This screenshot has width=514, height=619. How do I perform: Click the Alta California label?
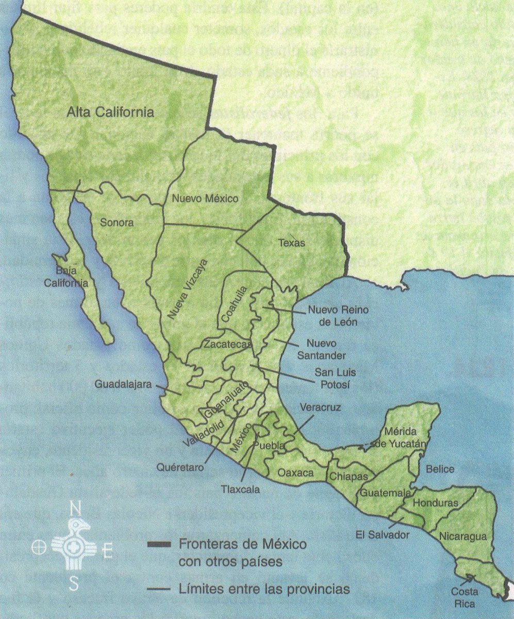pos(111,112)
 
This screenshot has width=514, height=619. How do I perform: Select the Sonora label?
pos(117,223)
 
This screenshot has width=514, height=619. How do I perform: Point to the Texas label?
pos(291,243)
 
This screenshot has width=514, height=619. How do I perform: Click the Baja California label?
pos(65,277)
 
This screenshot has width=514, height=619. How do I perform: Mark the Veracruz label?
pos(320,408)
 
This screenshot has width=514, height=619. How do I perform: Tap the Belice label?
pos(440,469)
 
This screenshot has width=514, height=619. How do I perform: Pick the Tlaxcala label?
pos(240,489)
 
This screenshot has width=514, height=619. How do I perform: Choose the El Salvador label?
pos(382,535)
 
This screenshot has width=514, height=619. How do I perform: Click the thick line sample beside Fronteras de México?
pos(159,545)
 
